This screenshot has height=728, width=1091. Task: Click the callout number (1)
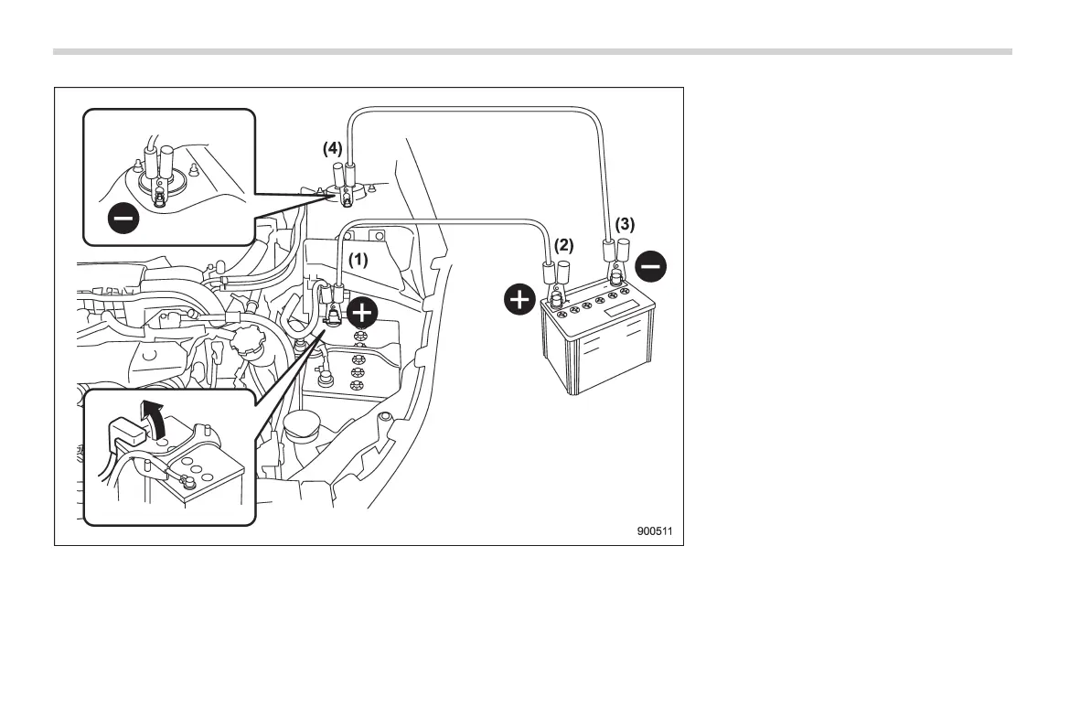tap(357, 259)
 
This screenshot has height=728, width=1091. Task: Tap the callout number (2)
tap(564, 245)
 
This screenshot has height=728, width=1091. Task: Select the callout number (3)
tap(625, 223)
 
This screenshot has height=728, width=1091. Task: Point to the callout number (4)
tap(332, 147)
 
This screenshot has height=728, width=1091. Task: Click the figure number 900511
tap(661, 531)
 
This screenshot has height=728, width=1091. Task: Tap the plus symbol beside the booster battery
tap(519, 300)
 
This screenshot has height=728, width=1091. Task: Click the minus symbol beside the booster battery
tap(651, 267)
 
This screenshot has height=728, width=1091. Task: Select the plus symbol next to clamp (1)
tap(363, 313)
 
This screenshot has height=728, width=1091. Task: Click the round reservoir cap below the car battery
tap(301, 425)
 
